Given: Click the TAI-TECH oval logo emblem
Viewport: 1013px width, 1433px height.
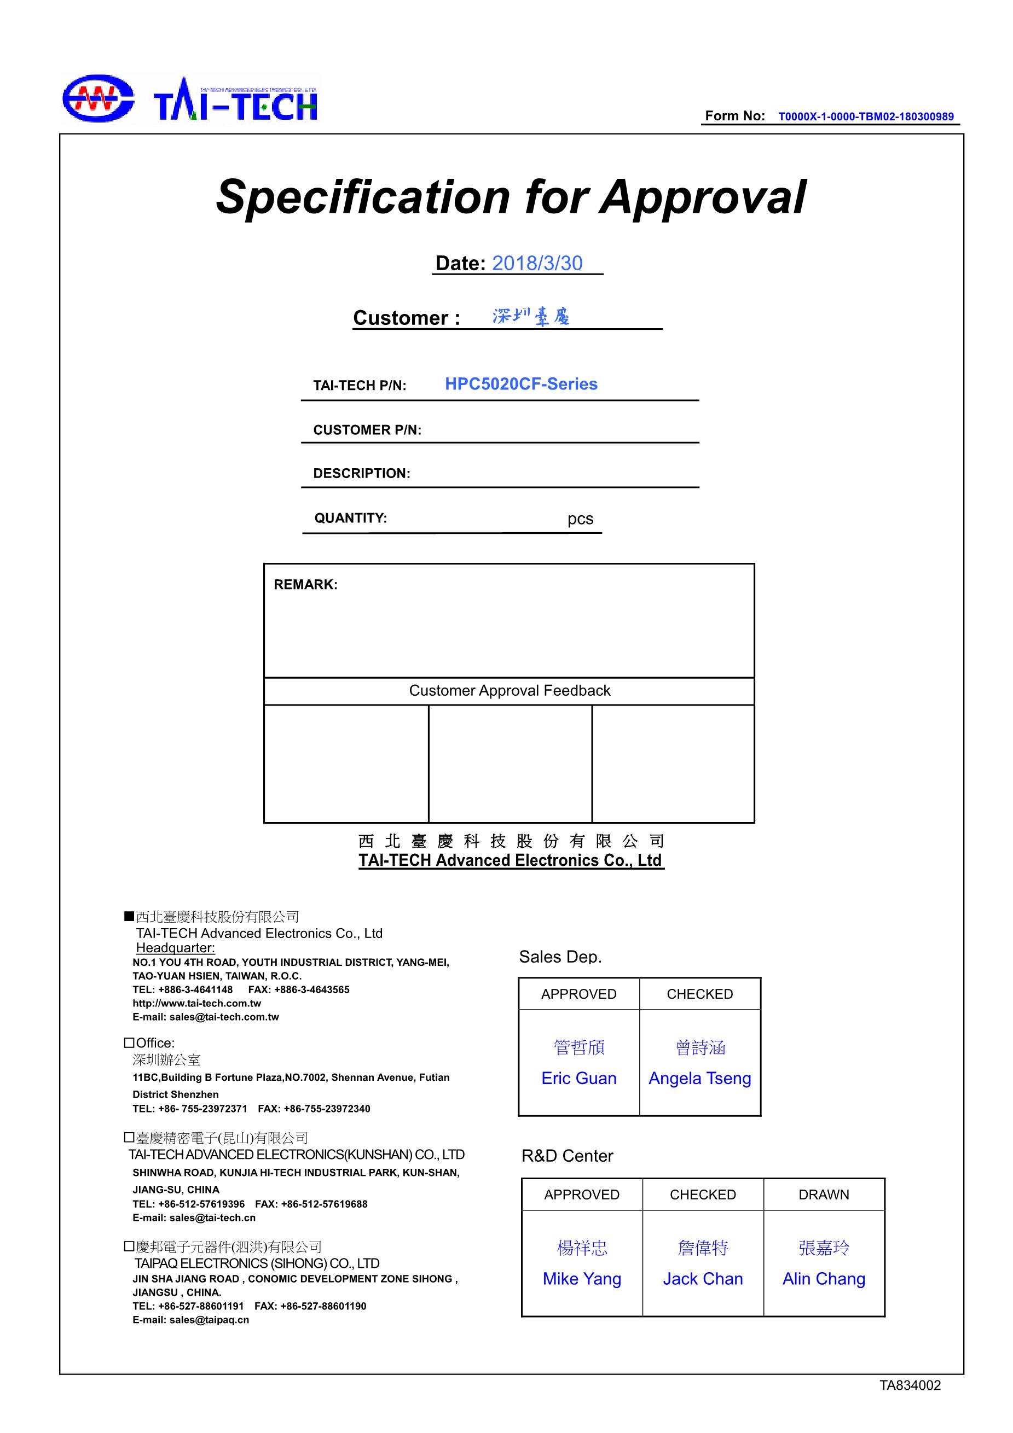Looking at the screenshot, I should [98, 98].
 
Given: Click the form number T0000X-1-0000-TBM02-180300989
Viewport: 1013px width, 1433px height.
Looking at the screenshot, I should [865, 116].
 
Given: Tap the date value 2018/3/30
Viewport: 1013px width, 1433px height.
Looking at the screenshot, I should [537, 264].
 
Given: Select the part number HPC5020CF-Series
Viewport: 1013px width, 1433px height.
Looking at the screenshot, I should [521, 384].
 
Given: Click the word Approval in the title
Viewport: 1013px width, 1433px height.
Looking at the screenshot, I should [703, 197].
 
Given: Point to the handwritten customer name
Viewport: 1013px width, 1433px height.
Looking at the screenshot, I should [531, 317].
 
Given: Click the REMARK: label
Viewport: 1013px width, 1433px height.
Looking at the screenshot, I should [305, 585].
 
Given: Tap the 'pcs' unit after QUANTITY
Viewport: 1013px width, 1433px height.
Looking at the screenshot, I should [580, 519].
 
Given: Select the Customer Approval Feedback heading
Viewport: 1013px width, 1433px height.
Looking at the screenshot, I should [510, 690].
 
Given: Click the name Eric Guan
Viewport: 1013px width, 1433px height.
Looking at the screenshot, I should [579, 1079].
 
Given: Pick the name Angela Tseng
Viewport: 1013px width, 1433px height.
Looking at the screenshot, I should [699, 1079].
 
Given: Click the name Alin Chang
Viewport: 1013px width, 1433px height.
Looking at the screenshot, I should [824, 1279].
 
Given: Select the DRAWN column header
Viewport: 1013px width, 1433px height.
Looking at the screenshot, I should [824, 1195].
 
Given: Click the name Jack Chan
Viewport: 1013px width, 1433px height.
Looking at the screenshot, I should [703, 1279].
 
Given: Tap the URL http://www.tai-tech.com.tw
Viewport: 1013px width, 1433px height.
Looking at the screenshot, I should [196, 1004].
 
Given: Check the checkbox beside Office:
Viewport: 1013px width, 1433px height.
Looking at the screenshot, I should [129, 1043].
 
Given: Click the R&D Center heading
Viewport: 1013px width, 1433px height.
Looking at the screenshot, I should [567, 1156].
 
